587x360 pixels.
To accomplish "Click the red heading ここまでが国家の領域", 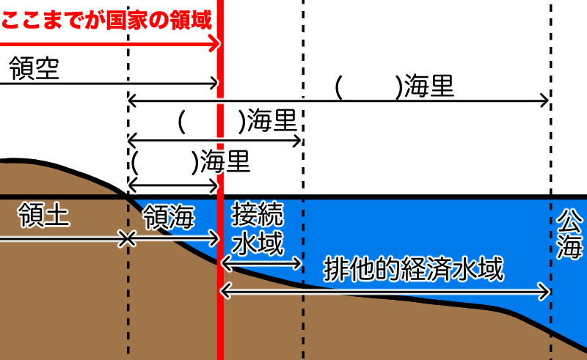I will tap(106, 18).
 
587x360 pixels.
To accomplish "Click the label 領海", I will tap(169, 216).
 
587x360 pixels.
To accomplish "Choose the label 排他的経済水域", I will tap(414, 270).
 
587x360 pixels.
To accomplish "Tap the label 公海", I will tap(569, 234).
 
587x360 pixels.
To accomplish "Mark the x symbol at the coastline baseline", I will tap(128, 238).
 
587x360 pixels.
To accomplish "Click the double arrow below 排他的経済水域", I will tap(385, 293).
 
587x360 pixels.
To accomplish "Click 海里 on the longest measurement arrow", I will tap(429, 87).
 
